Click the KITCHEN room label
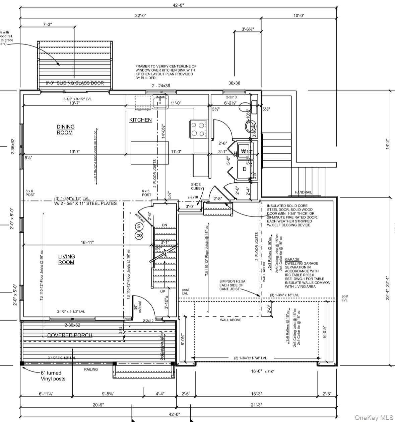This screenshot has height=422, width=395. pyautogui.click(x=140, y=120)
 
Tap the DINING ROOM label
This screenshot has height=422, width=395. pyautogui.click(x=65, y=130)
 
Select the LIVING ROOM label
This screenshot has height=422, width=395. pyautogui.click(x=66, y=259)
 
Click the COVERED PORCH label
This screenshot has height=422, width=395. pyautogui.click(x=69, y=335)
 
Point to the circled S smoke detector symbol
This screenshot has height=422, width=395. pyautogui.click(x=139, y=227)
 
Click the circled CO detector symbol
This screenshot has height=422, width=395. pyautogui.click(x=139, y=236)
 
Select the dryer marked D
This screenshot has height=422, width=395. pyautogui.click(x=245, y=169)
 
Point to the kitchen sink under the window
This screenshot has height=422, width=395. pyautogui.click(x=160, y=102)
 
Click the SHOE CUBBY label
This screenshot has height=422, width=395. pyautogui.click(x=196, y=186)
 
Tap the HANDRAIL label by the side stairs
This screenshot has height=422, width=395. pyautogui.click(x=303, y=192)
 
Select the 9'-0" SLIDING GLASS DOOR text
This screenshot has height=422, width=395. pyautogui.click(x=75, y=83)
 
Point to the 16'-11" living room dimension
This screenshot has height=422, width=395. pyautogui.click(x=87, y=242)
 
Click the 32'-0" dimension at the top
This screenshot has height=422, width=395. pyautogui.click(x=140, y=16)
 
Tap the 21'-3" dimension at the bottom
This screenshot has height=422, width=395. pyautogui.click(x=256, y=405)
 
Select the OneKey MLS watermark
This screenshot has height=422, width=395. pyautogui.click(x=374, y=417)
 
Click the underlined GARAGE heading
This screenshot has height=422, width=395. pyautogui.click(x=292, y=259)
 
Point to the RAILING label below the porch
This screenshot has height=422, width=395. pyautogui.click(x=91, y=369)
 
